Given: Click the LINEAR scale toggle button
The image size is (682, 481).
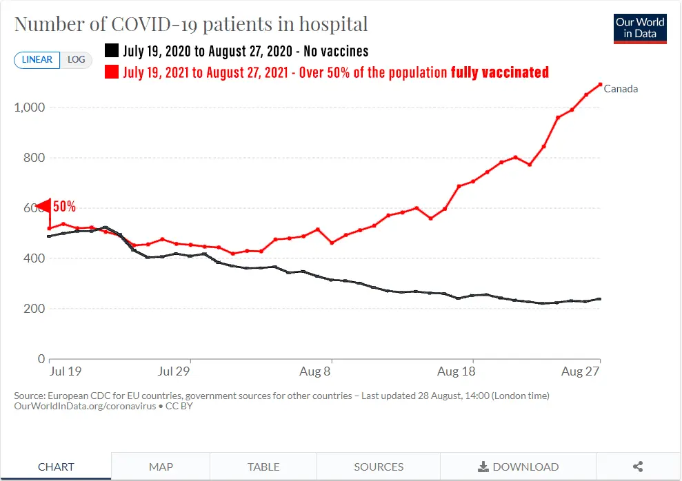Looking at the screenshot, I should point(37,60).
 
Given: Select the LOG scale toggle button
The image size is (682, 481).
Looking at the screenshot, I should point(76,60).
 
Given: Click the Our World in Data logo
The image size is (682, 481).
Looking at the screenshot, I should point(640,28).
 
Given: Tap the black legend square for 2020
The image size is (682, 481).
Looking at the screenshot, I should point(111,51).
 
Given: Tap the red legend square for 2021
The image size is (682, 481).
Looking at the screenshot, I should point(111,72).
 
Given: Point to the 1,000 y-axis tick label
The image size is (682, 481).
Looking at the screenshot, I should point(30,108).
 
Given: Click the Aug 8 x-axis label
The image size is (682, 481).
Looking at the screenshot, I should point(316,372).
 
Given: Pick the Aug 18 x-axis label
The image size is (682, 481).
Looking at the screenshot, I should point(457,372).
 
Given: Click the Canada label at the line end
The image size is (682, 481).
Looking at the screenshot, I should point(621,89).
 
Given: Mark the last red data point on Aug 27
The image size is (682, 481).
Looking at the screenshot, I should point(600,85).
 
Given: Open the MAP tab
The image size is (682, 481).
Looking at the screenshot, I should point(161,467).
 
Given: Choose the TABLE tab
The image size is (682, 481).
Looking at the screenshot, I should point(263,467).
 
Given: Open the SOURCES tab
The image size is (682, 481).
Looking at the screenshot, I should point(379,467).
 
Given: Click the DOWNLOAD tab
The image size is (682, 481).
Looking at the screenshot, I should point(518,467).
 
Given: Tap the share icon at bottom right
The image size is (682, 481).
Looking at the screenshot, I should point(638,467).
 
